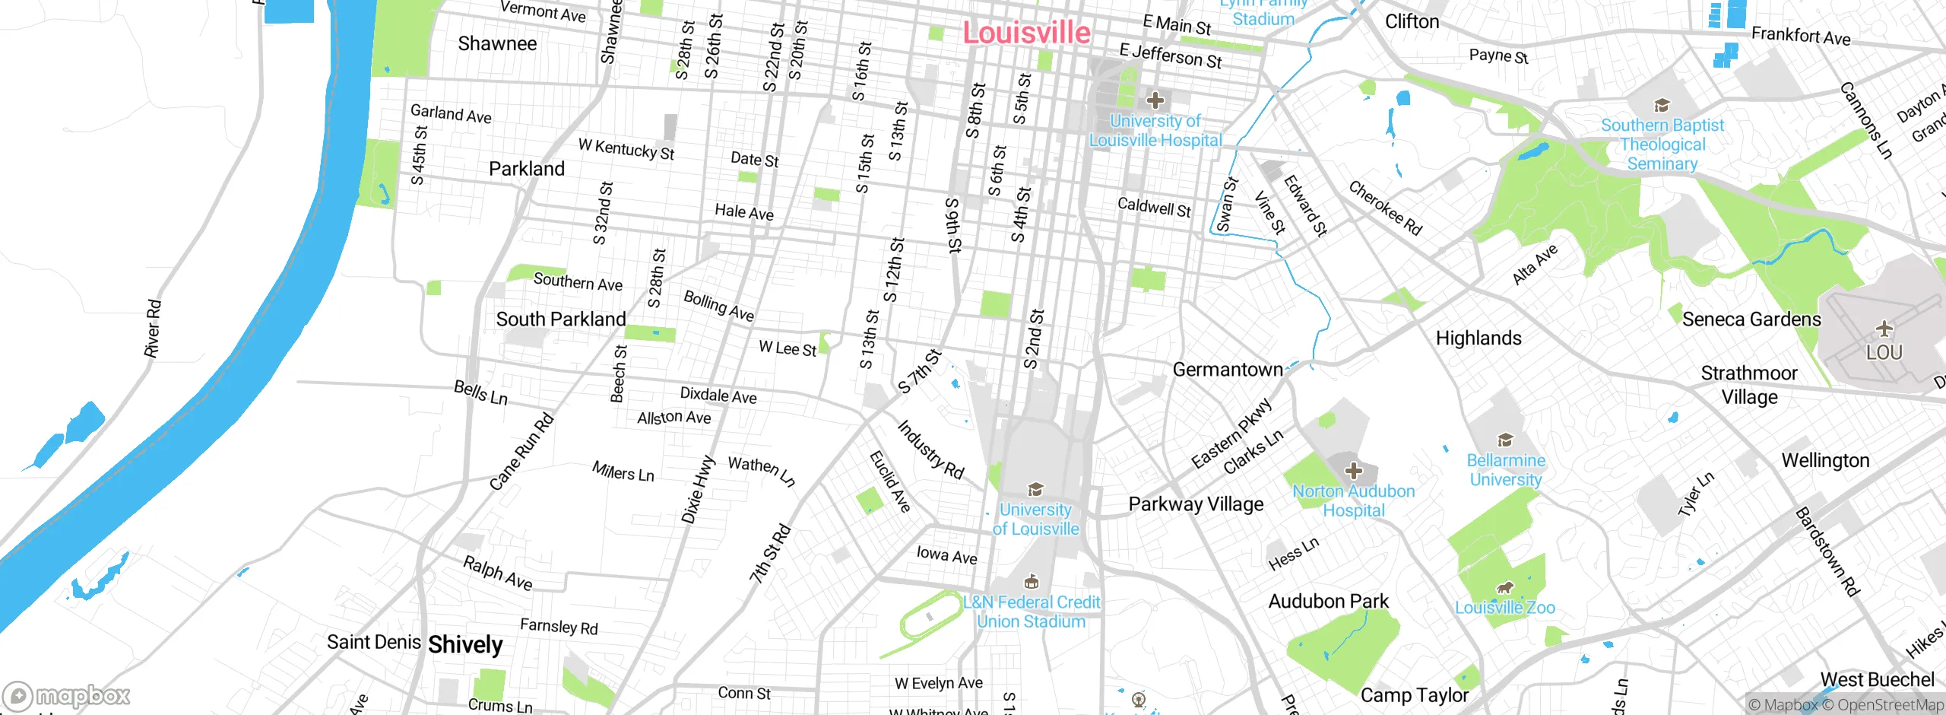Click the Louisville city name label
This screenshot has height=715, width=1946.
pos(1026,33)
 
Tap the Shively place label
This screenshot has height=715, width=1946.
pos(465,645)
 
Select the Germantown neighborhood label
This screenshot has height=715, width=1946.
pos(1228,370)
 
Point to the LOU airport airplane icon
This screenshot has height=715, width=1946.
pos(1884,329)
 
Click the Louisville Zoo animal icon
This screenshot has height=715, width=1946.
pos(1504,588)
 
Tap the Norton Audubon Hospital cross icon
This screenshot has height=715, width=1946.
pos(1353,471)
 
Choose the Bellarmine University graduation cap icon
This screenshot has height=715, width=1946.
pos(1505,440)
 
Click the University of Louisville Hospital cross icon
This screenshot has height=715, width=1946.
pos(1155,100)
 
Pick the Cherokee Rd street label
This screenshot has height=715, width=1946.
pos(1385,208)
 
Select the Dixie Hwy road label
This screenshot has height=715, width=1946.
pos(698,490)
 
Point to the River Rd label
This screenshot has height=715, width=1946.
pos(153,329)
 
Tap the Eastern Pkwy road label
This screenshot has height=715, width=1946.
pos(1231,434)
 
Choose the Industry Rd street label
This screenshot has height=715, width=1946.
pos(930,450)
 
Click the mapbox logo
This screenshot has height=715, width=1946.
pos(67,696)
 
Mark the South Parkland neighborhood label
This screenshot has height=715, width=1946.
pos(561,319)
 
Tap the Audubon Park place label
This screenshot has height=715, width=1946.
pos(1328,602)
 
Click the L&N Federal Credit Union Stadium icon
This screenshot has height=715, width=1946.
pos(1032,583)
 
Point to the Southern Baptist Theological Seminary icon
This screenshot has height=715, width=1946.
pos(1662,106)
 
